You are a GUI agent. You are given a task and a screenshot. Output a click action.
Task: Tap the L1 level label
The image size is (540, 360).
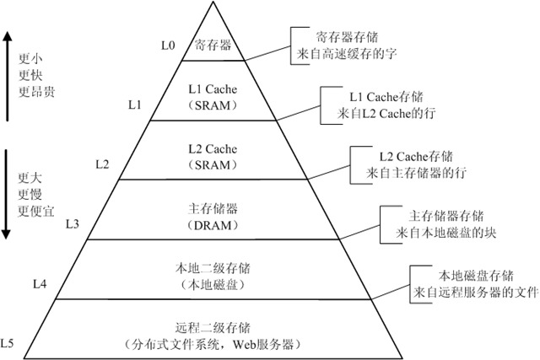click(135, 105)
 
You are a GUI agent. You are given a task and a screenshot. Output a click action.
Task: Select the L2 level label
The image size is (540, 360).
click(102, 163)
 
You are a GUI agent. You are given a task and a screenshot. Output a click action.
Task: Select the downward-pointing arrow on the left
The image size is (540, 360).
click(8, 193)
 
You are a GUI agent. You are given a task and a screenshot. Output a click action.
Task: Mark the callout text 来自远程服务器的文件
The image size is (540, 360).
click(476, 292)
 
